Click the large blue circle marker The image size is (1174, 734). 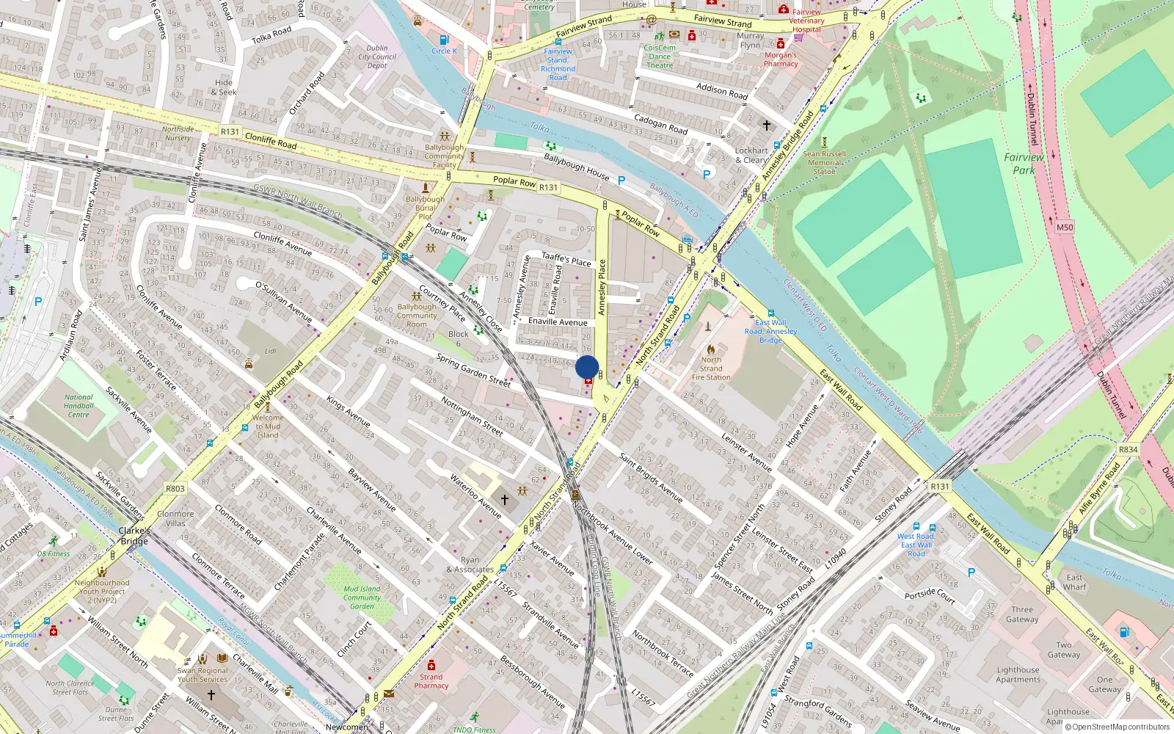click(x=587, y=367)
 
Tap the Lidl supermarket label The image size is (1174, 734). click(x=271, y=352)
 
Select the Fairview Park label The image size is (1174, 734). click(x=1024, y=163)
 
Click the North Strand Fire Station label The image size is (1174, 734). click(x=711, y=368)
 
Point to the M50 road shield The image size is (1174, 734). click(x=1065, y=228)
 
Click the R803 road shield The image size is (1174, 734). click(x=175, y=488)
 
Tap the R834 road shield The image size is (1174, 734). click(x=1129, y=449)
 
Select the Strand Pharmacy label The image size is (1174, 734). click(x=431, y=681)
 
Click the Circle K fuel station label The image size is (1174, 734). click(x=444, y=51)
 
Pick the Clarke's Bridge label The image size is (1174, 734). click(x=134, y=536)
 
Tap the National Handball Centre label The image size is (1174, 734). click(x=79, y=406)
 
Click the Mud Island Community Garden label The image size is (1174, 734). click(x=362, y=597)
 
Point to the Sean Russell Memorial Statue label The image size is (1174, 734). click(x=824, y=162)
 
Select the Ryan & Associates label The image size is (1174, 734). click(x=470, y=564)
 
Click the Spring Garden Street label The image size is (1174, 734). click(x=473, y=370)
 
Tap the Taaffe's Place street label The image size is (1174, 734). click(x=566, y=259)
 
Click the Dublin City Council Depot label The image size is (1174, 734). click(x=377, y=57)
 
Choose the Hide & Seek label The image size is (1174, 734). click(x=224, y=87)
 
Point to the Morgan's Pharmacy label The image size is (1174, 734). click(x=781, y=59)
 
